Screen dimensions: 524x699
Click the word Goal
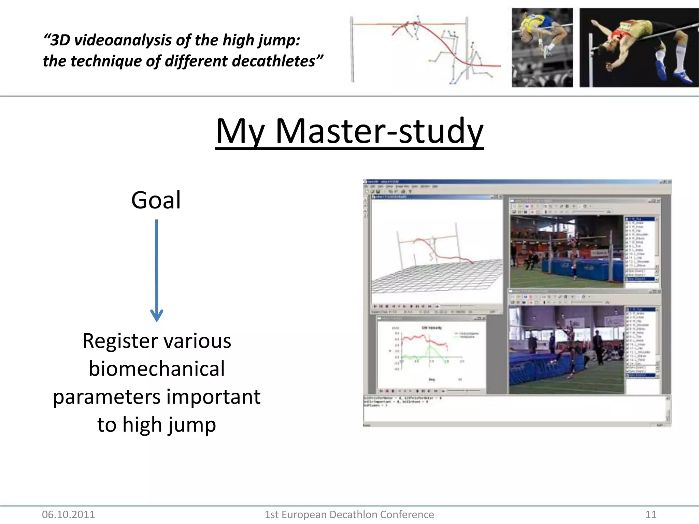pyautogui.click(x=156, y=200)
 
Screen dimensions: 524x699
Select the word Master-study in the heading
pyautogui.click(x=379, y=132)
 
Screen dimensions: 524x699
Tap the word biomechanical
pyautogui.click(x=157, y=369)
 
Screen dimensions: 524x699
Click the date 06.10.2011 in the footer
pyautogui.click(x=68, y=514)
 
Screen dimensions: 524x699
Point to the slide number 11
pyautogui.click(x=651, y=514)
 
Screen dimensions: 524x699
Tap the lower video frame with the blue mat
pyautogui.click(x=567, y=350)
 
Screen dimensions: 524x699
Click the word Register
pyautogui.click(x=120, y=341)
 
